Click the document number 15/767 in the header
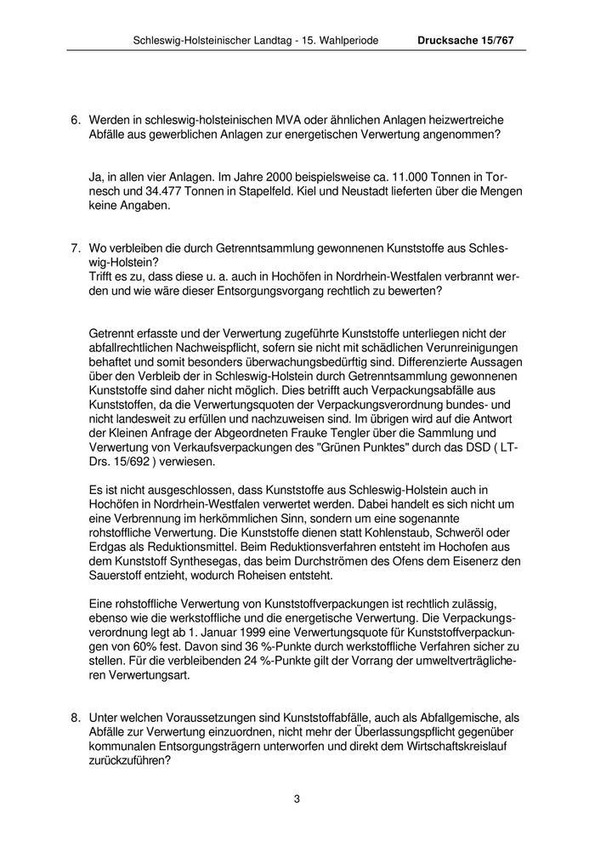tap(498, 40)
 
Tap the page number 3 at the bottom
tap(297, 798)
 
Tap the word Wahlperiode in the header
tap(341, 40)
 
